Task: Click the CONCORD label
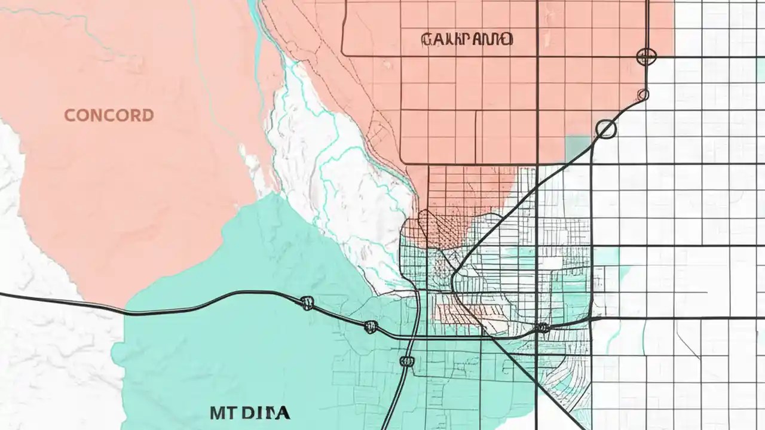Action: coord(109,115)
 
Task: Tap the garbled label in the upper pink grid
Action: coord(467,40)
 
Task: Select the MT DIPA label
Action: coord(250,412)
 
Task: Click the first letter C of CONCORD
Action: coord(70,115)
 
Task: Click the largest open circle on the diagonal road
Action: coord(606,129)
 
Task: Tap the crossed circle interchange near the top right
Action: coord(647,57)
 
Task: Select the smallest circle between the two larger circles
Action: coord(643,94)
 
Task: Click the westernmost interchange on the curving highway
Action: coord(308,303)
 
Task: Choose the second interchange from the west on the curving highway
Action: coord(371,326)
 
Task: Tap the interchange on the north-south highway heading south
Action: coord(407,360)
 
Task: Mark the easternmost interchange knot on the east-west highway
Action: coord(541,327)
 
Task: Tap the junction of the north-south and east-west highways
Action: coord(414,337)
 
